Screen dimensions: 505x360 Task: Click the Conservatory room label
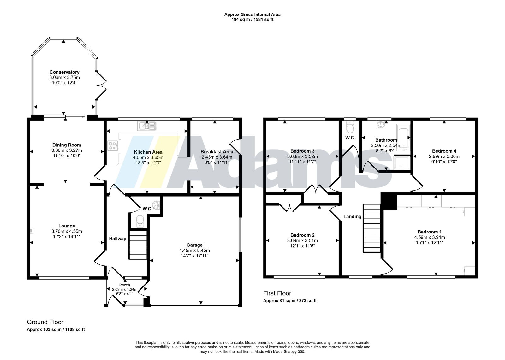pyautogui.click(x=64, y=72)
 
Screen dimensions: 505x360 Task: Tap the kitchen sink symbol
pyautogui.click(x=147, y=126)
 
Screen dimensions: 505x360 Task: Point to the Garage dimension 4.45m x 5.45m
pyautogui.click(x=194, y=250)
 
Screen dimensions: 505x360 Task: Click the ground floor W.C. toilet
pyautogui.click(x=140, y=221)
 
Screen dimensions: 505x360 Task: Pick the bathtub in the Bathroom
pyautogui.click(x=403, y=138)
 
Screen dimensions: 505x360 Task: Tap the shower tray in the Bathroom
pyautogui.click(x=402, y=163)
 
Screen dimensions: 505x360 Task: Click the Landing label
pyautogui.click(x=352, y=217)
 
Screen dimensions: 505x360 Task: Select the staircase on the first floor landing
pyautogui.click(x=372, y=228)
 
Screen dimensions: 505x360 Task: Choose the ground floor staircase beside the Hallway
pyautogui.click(x=138, y=245)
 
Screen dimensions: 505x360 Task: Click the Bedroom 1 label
pyautogui.click(x=430, y=232)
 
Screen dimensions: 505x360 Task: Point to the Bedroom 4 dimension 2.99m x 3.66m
pyautogui.click(x=444, y=156)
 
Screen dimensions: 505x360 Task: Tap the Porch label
pyautogui.click(x=125, y=285)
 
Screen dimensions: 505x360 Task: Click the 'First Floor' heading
pyautogui.click(x=277, y=293)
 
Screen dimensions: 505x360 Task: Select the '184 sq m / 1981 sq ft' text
pyautogui.click(x=252, y=19)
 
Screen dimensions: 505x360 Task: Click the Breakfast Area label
pyautogui.click(x=217, y=152)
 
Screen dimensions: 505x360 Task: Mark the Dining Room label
pyautogui.click(x=67, y=145)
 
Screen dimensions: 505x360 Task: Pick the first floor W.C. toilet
pyautogui.click(x=350, y=127)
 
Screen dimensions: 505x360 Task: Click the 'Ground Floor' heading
pyautogui.click(x=45, y=322)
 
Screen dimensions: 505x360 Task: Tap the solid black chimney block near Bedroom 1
pyautogui.click(x=388, y=201)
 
